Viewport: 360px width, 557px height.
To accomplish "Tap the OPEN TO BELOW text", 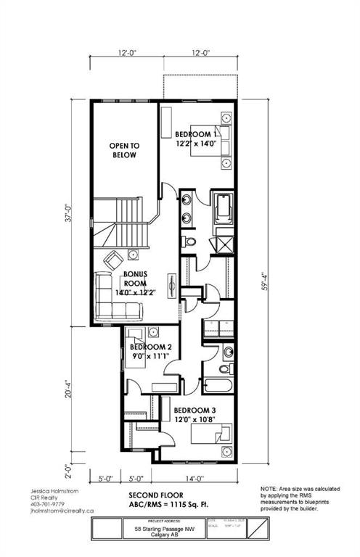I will coord(124,150).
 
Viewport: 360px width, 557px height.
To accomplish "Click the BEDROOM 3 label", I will coord(194,410).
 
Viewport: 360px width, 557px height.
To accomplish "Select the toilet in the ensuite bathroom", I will coord(189,242).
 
